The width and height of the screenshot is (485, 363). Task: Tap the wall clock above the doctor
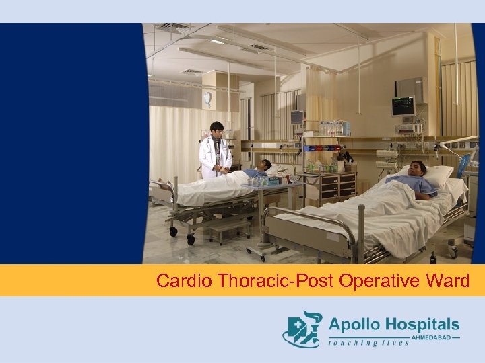tap(207, 98)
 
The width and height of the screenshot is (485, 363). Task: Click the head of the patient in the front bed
tap(418, 169)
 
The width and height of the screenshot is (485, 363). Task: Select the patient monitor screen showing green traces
tap(403, 106)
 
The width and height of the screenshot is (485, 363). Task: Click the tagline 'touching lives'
tap(368, 343)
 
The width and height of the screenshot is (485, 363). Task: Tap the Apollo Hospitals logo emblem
tap(302, 329)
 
